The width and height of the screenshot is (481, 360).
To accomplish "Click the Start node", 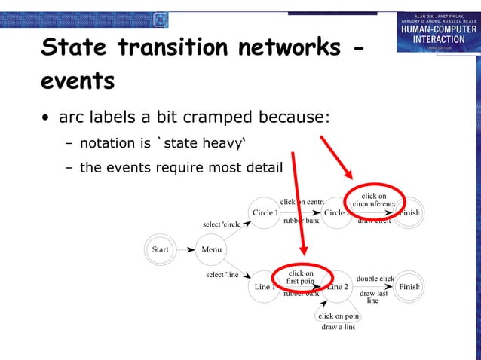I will point(161,249).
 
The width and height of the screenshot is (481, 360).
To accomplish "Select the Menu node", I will point(212,249).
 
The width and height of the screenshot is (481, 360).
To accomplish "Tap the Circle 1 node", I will point(265,213).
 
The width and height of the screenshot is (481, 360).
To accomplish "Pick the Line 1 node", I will point(265,287).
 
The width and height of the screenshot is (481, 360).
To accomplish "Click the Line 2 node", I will point(336,287).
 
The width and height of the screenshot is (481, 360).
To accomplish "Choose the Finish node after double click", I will point(409,287).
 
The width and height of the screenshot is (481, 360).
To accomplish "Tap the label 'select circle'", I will point(222,224).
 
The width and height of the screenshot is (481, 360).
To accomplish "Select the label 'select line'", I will point(222,275).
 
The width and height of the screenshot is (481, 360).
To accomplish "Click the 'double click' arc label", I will point(375,279).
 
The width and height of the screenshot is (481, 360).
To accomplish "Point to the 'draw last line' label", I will point(373,297).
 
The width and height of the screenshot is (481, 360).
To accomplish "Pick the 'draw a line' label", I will point(338,327).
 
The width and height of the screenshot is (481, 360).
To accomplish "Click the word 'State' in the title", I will point(75,47).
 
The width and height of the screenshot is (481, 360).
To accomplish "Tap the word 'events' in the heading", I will point(77,81).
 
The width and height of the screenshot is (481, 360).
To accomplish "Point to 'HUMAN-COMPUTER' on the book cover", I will point(437,29).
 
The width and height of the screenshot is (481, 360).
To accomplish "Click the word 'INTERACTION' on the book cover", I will point(437,39).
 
